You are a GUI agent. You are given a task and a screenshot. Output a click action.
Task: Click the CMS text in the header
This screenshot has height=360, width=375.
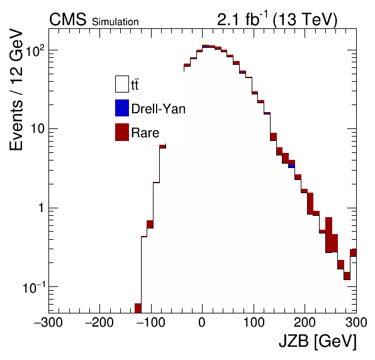[68, 19]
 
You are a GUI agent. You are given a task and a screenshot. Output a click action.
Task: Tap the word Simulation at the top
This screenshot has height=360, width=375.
[115, 22]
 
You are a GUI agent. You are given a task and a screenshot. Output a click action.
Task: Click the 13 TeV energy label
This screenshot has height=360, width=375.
[305, 19]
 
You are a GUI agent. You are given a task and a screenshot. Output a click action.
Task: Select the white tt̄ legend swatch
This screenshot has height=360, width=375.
[122, 84]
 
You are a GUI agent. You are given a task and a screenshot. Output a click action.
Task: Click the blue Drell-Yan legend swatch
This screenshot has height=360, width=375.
[122, 108]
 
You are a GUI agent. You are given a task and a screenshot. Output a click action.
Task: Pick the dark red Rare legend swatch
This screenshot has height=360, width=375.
[122, 132]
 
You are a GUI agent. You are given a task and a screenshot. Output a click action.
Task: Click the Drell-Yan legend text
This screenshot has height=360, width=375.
[159, 109]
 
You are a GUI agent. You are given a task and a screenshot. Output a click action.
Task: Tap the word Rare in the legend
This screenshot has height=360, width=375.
[145, 133]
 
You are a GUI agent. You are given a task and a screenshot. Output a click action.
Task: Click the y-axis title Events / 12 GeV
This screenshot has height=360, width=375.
[16, 89]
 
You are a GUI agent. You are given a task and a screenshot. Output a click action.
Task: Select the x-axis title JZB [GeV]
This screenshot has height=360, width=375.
[318, 341]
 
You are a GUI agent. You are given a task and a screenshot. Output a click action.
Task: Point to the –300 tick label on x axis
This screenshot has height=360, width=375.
[48, 322]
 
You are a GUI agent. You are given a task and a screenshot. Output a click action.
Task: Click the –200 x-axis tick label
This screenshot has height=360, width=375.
[99, 322]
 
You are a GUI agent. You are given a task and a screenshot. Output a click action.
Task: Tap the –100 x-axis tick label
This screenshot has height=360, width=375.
[150, 322]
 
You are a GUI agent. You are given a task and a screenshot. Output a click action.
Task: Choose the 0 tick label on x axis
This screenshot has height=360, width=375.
[202, 322]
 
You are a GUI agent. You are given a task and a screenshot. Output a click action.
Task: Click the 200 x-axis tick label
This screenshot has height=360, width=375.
[305, 322]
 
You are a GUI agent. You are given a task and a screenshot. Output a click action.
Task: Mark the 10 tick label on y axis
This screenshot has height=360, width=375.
[38, 129]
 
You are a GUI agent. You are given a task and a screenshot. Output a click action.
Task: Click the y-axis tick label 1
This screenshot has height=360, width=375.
[42, 208]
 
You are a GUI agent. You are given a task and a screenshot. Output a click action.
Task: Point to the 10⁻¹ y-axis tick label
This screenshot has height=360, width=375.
[34, 287]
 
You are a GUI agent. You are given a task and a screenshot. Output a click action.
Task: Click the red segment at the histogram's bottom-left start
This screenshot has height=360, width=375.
[138, 308]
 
